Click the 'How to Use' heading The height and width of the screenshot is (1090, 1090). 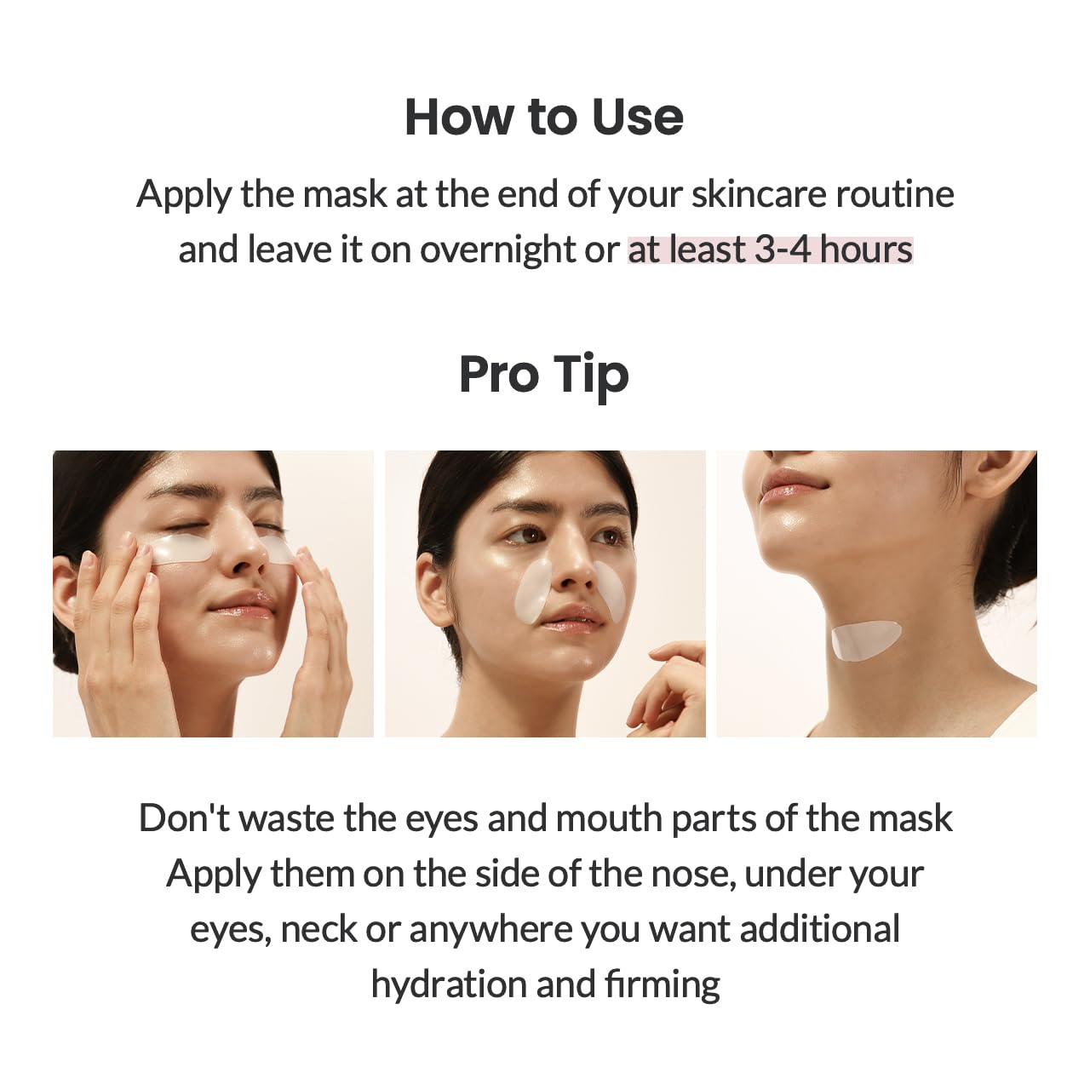(x=543, y=117)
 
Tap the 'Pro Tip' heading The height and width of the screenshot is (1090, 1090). (x=543, y=375)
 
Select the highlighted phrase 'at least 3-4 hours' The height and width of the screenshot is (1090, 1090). (x=770, y=250)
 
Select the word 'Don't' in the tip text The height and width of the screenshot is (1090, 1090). (x=184, y=818)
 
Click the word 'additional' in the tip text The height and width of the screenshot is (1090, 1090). (x=819, y=929)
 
